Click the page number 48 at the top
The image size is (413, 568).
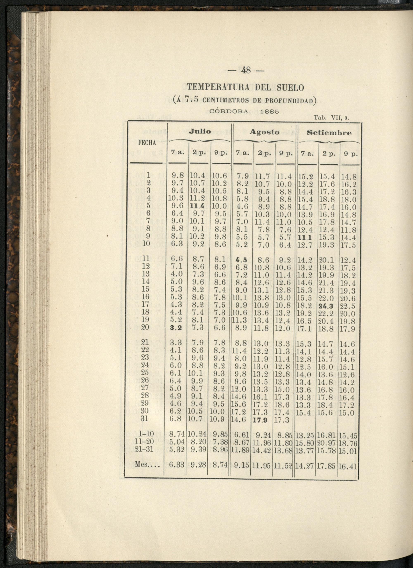(246, 70)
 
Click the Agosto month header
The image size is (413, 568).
(264, 132)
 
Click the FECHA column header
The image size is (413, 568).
(147, 143)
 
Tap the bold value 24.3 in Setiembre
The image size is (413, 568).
(326, 306)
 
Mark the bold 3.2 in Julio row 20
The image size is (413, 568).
(176, 328)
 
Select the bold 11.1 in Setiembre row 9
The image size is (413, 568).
(305, 237)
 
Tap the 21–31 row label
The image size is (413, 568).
(144, 449)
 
